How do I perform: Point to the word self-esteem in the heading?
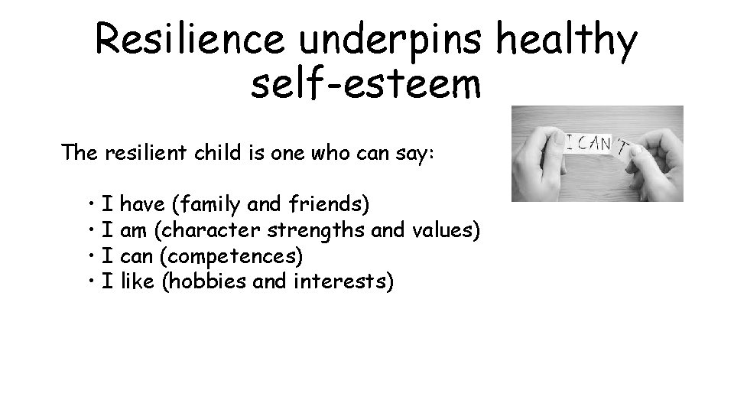pyautogui.click(x=365, y=86)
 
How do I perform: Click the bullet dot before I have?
pyautogui.click(x=90, y=205)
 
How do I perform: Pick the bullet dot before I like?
pyautogui.click(x=90, y=281)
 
